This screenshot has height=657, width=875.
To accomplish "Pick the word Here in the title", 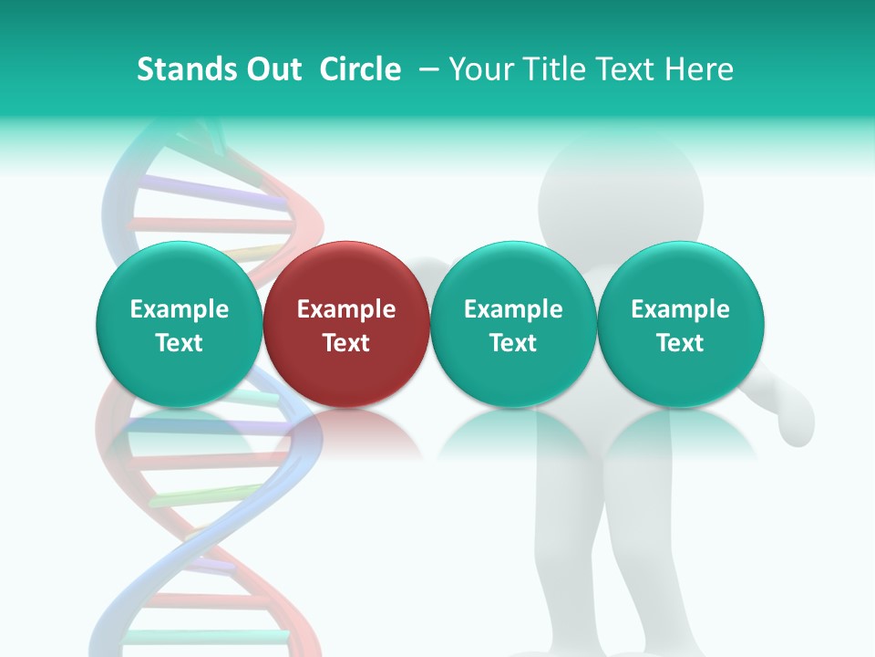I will (x=699, y=69).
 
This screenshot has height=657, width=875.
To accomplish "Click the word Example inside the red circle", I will (x=346, y=309).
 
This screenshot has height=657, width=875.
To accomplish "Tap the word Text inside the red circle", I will (x=346, y=343).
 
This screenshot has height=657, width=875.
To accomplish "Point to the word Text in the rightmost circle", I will (x=681, y=343).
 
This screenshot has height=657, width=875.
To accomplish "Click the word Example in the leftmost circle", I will (x=180, y=309).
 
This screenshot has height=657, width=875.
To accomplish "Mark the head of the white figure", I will (x=621, y=196).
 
